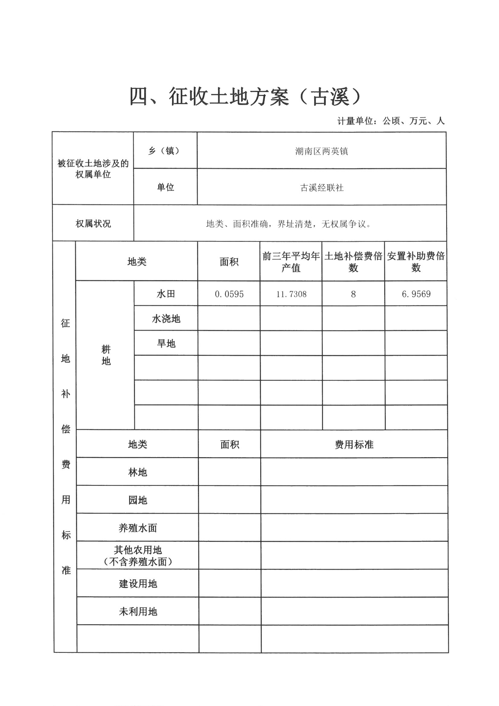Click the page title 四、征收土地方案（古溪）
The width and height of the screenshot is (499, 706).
(x=245, y=97)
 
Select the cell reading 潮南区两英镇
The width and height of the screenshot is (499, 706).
(x=321, y=151)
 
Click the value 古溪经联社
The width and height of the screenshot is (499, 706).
(x=321, y=188)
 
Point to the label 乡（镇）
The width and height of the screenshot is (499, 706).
(x=165, y=151)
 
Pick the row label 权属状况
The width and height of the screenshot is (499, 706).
(x=93, y=223)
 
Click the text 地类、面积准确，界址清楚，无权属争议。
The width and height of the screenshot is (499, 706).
(x=288, y=224)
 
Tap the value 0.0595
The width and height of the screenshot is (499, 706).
(x=229, y=294)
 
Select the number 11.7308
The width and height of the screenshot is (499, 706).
(x=291, y=294)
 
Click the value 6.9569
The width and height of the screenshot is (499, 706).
(x=416, y=294)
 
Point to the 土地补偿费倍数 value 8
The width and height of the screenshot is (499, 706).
(x=353, y=294)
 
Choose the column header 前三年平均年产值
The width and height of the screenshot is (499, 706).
(x=291, y=262)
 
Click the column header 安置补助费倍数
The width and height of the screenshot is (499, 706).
(x=416, y=262)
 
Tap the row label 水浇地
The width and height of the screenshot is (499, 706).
(x=166, y=319)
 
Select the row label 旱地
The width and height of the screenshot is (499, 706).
(x=166, y=343)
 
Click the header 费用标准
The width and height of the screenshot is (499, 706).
(x=354, y=444)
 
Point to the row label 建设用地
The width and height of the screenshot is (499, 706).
(x=138, y=584)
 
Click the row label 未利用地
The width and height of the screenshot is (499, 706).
(x=138, y=611)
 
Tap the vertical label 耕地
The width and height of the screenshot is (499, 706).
(x=106, y=355)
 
